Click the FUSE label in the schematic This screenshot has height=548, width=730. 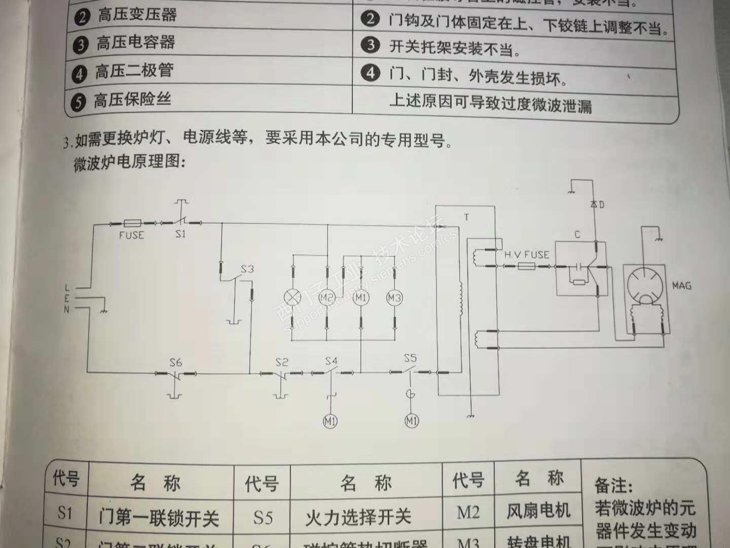131,235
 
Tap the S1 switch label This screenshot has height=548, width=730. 180,234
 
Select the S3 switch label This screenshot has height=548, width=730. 247,269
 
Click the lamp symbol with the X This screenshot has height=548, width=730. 294,297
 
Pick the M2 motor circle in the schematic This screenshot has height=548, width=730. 327,297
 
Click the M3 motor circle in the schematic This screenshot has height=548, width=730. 394,298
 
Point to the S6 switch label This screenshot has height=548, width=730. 175,362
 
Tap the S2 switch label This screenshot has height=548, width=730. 282,362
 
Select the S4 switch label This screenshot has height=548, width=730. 331,361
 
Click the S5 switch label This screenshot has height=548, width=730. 410,358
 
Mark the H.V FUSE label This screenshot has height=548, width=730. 526,255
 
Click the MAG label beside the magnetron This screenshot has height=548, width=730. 681,286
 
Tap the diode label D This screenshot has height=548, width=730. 601,205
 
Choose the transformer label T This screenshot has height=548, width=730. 466,217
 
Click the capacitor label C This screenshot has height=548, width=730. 577,234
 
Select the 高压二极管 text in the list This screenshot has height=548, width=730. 134,71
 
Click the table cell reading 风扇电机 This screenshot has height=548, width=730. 538,510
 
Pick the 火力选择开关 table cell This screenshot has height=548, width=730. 358,517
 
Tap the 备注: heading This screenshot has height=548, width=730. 613,485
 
